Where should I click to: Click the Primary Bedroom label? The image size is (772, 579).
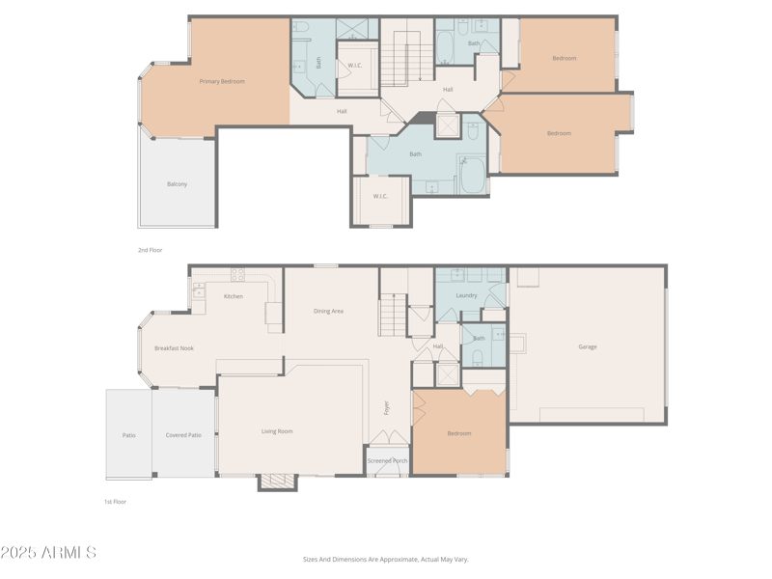pos(222,82)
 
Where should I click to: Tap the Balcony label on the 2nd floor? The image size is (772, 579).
pos(177,184)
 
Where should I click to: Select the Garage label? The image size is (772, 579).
pos(588,347)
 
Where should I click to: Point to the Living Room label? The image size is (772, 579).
pos(277,431)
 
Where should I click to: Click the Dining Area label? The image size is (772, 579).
pos(328,311)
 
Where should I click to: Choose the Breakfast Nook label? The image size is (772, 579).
pos(174,348)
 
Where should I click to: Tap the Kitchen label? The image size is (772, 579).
pos(234,296)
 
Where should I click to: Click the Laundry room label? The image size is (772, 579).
pos(466,295)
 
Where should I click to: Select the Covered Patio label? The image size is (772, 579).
pos(183,435)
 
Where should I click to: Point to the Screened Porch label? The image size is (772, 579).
pos(388,461)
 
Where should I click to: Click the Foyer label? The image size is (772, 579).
pos(387,407)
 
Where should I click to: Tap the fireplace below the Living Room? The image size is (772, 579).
pos(278,482)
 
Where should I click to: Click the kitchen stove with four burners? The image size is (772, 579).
pos(237,275)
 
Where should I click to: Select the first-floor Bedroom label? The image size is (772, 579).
pos(459,433)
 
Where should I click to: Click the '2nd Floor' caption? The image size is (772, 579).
pos(151,250)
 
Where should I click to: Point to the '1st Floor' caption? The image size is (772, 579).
pos(115,502)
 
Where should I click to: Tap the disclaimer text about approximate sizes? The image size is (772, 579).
pos(385,560)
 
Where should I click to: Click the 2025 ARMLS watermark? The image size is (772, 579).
pos(48,552)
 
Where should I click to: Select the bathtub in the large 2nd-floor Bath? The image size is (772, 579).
pos(473,176)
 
